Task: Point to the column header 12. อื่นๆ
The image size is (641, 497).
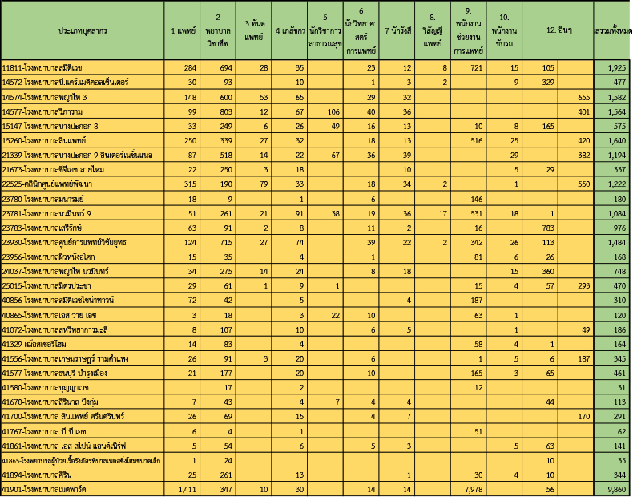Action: click(x=557, y=30)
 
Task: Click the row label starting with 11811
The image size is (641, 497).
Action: click(x=48, y=68)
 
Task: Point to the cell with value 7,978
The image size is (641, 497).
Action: click(x=470, y=488)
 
